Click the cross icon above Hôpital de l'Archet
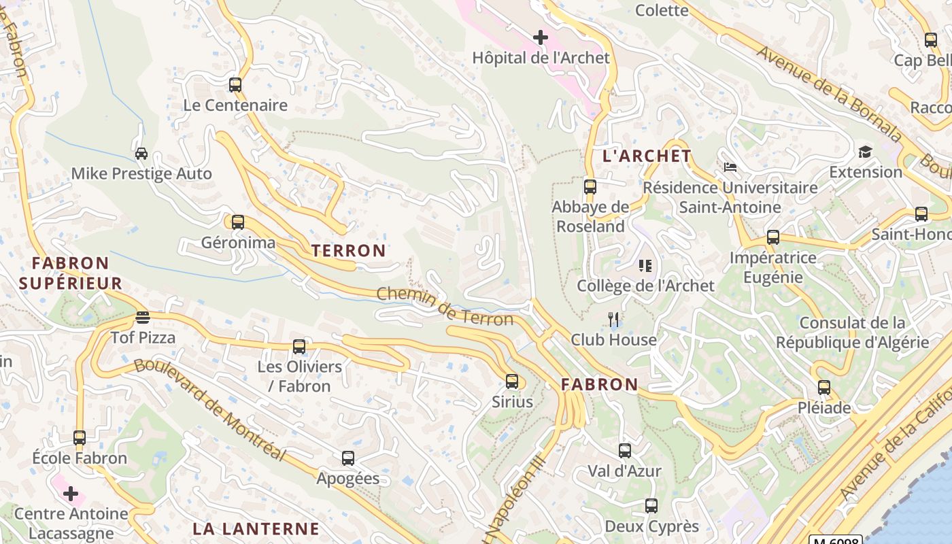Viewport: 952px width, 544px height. (541, 37)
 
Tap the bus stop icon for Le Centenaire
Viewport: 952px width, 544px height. (235, 85)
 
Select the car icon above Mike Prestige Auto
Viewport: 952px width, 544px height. (141, 154)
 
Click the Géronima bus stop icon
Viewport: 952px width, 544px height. (237, 222)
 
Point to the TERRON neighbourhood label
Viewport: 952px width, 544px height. (349, 250)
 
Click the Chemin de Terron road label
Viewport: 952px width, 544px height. (445, 307)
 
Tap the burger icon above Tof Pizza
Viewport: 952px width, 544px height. (143, 318)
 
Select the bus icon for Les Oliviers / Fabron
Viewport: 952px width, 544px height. (299, 347)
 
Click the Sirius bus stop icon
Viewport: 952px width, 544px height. (512, 381)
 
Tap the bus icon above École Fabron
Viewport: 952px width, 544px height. (80, 438)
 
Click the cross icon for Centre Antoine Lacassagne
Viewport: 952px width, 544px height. (71, 494)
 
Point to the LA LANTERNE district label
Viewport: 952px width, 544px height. (256, 528)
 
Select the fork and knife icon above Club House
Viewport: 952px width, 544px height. (613, 319)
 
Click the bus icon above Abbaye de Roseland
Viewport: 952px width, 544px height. (590, 186)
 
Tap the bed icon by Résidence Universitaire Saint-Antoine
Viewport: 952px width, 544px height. (730, 167)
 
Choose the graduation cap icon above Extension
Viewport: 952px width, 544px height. (865, 152)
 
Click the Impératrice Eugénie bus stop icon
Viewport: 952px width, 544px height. (773, 237)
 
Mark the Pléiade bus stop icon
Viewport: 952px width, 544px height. (824, 388)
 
